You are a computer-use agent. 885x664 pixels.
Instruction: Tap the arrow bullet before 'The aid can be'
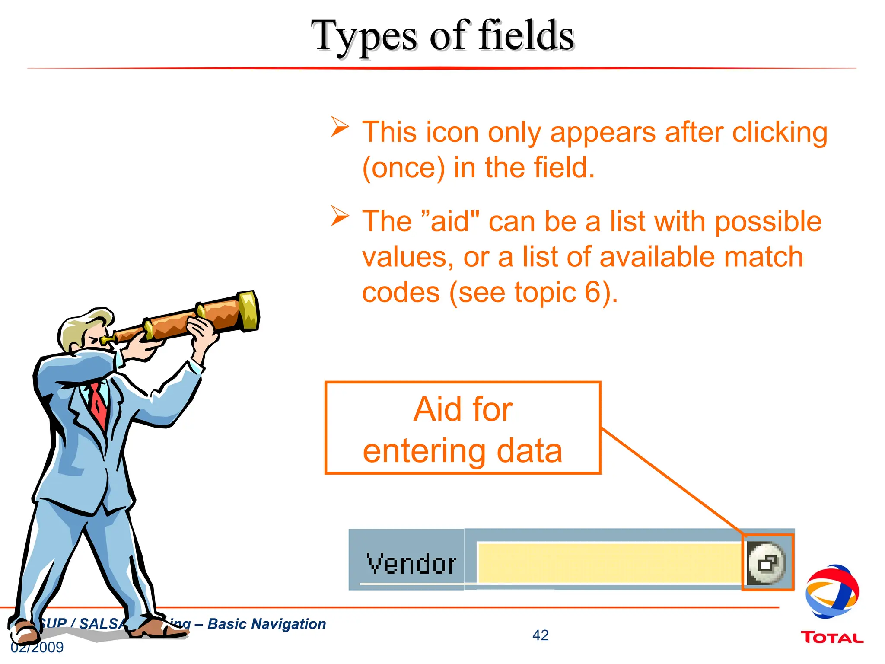pos(340,216)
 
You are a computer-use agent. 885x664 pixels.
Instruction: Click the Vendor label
pos(411,564)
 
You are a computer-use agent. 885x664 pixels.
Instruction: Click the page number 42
pos(540,635)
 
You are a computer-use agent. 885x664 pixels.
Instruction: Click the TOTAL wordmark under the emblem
pos(832,638)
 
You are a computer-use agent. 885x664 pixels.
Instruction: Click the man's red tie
pos(99,404)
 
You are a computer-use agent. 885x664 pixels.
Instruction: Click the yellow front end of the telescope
pos(249,310)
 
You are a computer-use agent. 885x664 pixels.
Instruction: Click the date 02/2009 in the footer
pos(37,648)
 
